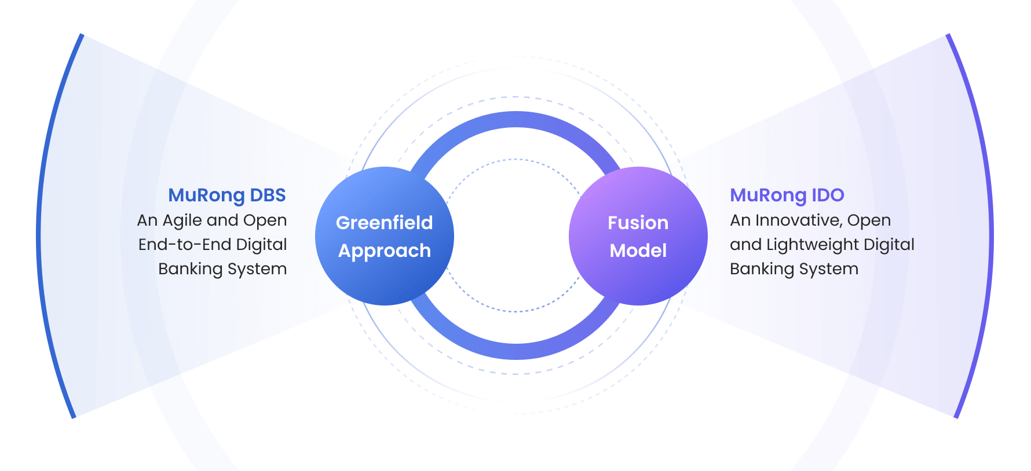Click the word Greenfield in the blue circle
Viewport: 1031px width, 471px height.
coord(384,223)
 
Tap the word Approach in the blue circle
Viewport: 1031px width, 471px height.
coord(384,251)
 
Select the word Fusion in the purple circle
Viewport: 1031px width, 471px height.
coord(638,223)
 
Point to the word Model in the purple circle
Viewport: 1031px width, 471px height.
coord(638,251)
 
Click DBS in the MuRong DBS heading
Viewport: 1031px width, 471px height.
coord(268,195)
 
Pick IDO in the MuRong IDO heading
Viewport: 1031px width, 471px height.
coord(828,195)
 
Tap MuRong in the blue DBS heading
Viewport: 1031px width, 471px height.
coord(207,196)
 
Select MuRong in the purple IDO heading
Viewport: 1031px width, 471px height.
coord(768,196)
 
